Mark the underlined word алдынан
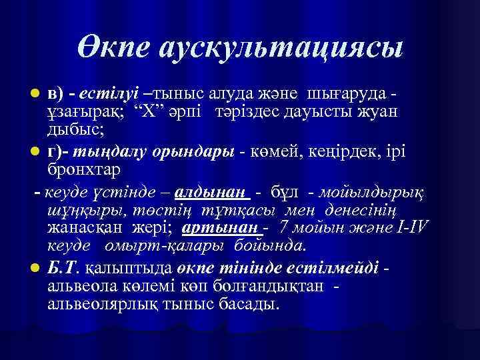click(x=211, y=192)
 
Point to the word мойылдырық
click(x=373, y=192)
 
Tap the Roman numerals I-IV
click(x=409, y=229)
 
